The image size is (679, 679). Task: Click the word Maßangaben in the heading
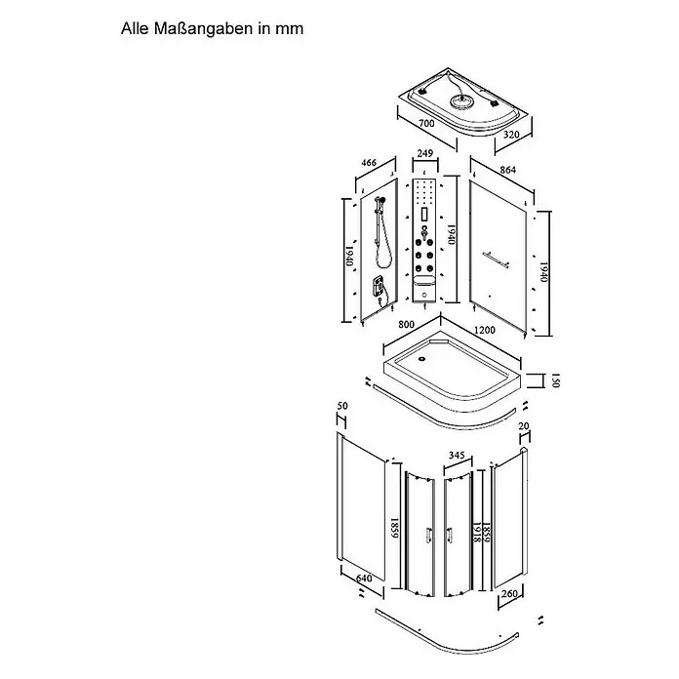tap(203, 29)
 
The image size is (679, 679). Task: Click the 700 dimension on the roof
tap(426, 123)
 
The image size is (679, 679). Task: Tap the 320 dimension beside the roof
tap(511, 135)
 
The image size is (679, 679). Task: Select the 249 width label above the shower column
tap(424, 153)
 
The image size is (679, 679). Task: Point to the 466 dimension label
tap(369, 163)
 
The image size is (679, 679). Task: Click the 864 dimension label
tap(507, 170)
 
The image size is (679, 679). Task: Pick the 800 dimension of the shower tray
tap(406, 324)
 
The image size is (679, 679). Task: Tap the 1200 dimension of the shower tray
tap(485, 330)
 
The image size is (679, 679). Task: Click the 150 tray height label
tap(556, 380)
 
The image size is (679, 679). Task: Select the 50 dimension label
tap(342, 406)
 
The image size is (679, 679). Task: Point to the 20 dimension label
tap(524, 426)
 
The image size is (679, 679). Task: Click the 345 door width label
tap(457, 456)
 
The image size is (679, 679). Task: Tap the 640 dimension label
tap(364, 579)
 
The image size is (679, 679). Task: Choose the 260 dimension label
tap(509, 593)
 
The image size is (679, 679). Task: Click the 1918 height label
tap(476, 533)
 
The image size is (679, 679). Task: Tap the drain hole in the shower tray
tap(420, 359)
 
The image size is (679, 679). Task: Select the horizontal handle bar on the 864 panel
tap(495, 260)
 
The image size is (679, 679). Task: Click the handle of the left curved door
tap(428, 535)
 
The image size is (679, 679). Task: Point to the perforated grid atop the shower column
tap(424, 191)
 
